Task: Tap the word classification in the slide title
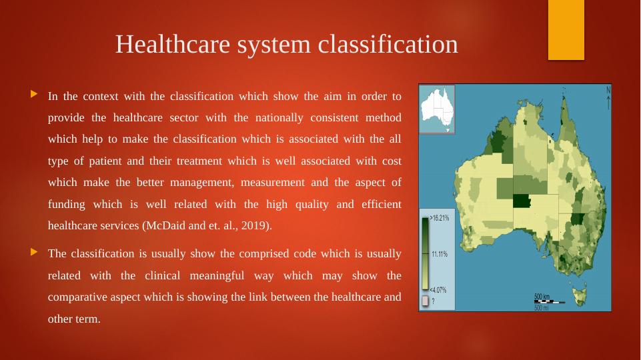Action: pyautogui.click(x=388, y=44)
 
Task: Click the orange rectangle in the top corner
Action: pyautogui.click(x=566, y=30)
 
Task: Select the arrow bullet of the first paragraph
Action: pyautogui.click(x=34, y=94)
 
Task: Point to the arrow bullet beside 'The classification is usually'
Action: pyautogui.click(x=34, y=252)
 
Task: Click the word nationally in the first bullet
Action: pyautogui.click(x=279, y=118)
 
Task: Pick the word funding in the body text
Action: pyautogui.click(x=66, y=204)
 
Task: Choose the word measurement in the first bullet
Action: pyautogui.click(x=273, y=182)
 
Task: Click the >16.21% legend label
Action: pyautogui.click(x=440, y=218)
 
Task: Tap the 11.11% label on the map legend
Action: pyautogui.click(x=440, y=254)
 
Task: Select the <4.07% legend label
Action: pyautogui.click(x=438, y=290)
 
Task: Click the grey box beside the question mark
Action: pyautogui.click(x=425, y=301)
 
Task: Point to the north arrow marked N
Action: pyautogui.click(x=608, y=98)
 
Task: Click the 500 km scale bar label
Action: pyautogui.click(x=542, y=297)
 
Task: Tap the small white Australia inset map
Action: pyautogui.click(x=437, y=109)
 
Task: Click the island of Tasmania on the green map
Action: pyautogui.click(x=580, y=295)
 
